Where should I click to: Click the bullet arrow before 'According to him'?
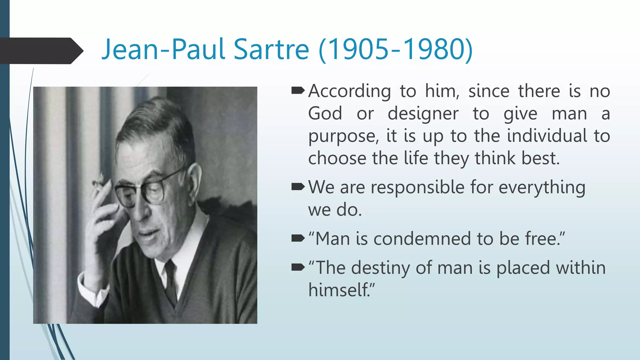click(x=297, y=91)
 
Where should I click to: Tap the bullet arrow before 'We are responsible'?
click(x=297, y=187)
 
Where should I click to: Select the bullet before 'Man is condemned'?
click(x=297, y=239)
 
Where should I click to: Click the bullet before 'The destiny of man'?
click(x=297, y=267)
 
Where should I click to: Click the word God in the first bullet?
click(x=325, y=113)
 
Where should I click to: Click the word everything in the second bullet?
click(x=542, y=187)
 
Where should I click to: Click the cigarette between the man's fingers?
click(x=99, y=184)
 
